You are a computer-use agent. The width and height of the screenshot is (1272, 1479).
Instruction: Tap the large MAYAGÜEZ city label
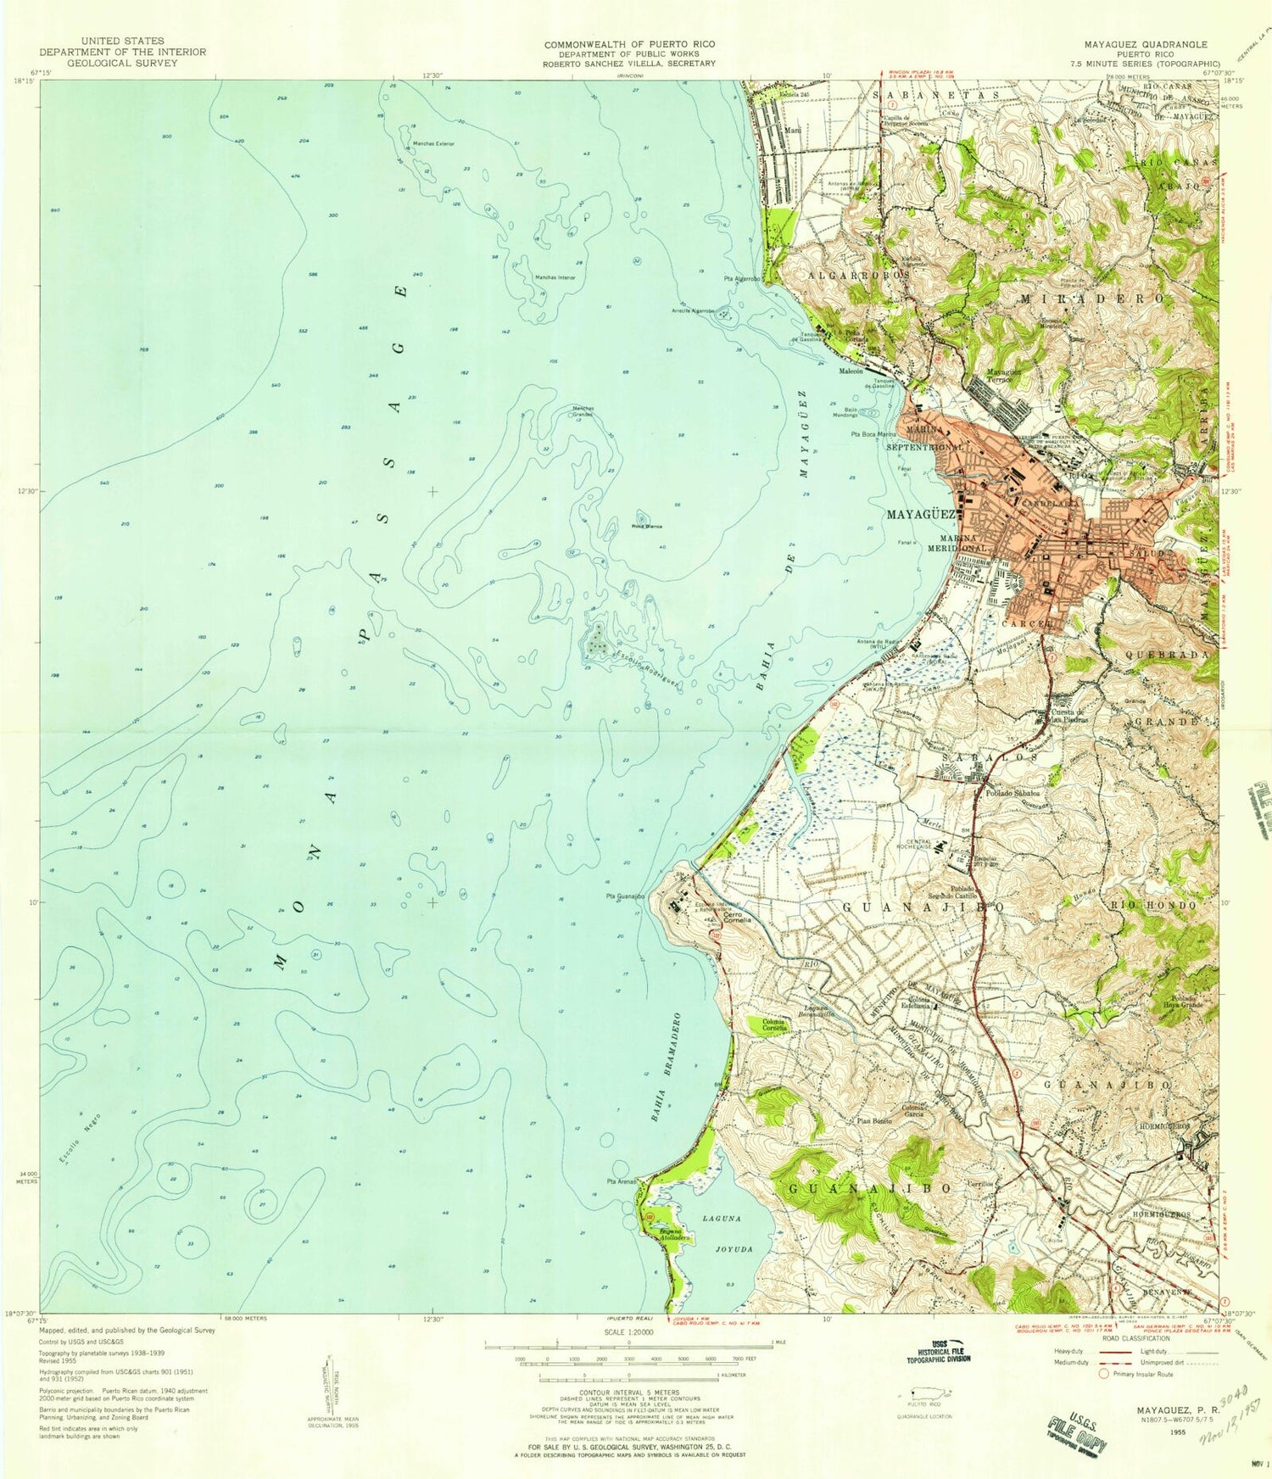click(x=921, y=515)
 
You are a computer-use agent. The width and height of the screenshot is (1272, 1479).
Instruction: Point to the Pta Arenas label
click(x=621, y=1181)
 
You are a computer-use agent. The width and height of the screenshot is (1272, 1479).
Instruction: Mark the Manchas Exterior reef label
click(x=433, y=143)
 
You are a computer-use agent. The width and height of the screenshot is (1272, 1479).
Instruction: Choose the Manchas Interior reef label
click(x=555, y=277)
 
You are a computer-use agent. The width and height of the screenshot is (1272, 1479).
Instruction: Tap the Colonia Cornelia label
click(x=774, y=1024)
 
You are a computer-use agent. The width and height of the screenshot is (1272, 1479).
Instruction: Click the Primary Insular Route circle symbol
click(x=1103, y=1374)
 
